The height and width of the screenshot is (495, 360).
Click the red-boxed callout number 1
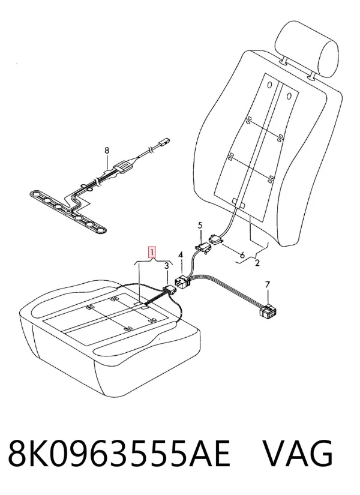click(x=152, y=253)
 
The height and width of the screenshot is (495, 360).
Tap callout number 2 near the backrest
click(x=257, y=262)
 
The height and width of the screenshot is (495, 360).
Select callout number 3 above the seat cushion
click(x=167, y=266)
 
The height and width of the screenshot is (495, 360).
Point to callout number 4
click(x=181, y=255)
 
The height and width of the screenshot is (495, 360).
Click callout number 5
click(x=200, y=226)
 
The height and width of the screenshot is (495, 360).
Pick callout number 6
click(x=242, y=255)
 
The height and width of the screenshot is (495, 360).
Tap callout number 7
click(x=268, y=285)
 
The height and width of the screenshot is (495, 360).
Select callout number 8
click(x=107, y=150)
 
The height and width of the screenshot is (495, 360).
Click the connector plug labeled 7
click(x=268, y=311)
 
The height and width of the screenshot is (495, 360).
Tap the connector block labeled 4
click(x=182, y=281)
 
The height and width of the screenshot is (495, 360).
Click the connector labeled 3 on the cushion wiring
click(x=169, y=290)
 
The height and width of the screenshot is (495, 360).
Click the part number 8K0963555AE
click(x=119, y=454)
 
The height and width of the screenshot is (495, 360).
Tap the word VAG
click(x=298, y=454)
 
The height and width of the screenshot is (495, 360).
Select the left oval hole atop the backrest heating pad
click(x=269, y=85)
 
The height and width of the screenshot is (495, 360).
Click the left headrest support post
click(x=284, y=61)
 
